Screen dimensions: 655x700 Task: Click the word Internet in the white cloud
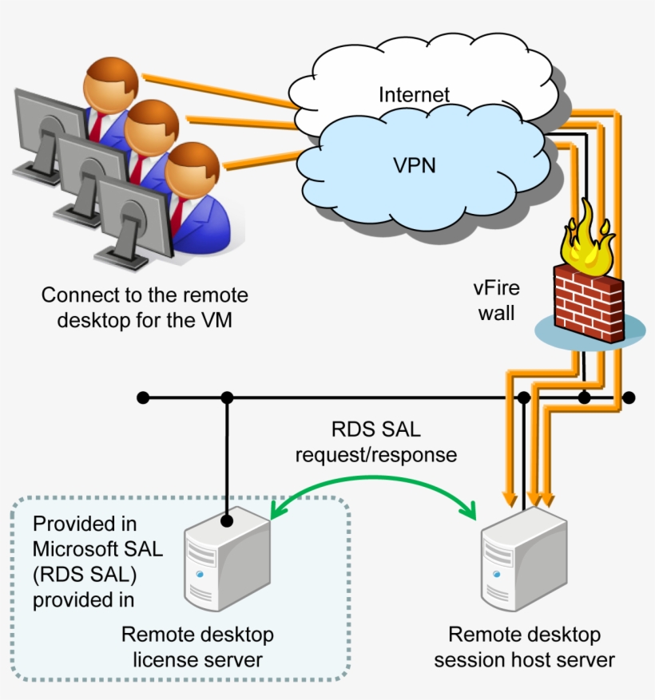414,95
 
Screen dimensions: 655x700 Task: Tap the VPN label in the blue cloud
415,165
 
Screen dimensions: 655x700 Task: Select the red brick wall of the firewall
589,303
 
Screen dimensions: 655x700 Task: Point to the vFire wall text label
496,300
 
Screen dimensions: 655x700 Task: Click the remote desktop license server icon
228,562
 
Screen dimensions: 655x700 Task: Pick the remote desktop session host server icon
524,562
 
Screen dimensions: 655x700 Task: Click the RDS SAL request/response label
376,442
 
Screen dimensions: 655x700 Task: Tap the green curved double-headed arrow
373,479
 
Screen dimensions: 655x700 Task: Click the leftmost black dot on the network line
143,397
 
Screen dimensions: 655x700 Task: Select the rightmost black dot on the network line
629,397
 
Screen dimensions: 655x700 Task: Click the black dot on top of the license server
227,520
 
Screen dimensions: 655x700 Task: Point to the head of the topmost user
111,84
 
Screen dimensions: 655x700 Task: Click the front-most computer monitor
133,223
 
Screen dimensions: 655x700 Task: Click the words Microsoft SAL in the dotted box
97,548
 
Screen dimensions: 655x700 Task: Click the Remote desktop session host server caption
524,647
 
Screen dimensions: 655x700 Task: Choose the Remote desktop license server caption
197,647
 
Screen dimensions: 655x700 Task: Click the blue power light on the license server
200,574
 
